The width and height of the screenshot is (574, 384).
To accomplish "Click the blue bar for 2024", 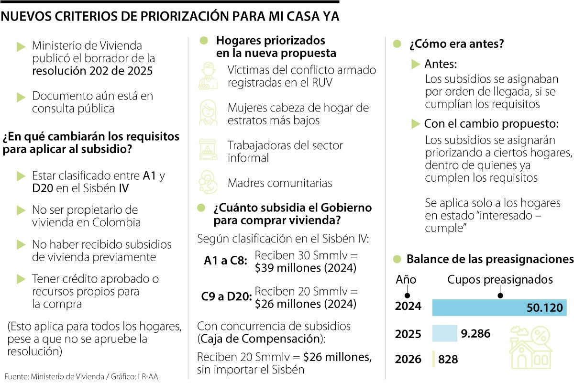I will click(x=499, y=307).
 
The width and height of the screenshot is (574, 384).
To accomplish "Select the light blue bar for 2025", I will click(x=444, y=333).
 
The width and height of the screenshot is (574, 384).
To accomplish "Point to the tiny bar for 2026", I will click(x=433, y=359).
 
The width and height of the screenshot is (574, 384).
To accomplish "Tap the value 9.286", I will click(x=475, y=333).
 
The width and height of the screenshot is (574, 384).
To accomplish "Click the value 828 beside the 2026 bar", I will click(x=448, y=359).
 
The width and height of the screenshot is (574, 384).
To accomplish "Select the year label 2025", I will click(x=408, y=334).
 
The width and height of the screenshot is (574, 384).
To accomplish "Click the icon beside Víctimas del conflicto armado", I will click(x=209, y=76).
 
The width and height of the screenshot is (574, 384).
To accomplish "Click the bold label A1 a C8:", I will click(x=225, y=261).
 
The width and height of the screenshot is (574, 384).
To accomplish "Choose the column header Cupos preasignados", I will click(x=500, y=279).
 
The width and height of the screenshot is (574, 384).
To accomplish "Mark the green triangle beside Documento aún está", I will click(x=21, y=97).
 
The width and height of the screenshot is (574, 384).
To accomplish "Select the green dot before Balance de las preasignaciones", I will click(x=397, y=259).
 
